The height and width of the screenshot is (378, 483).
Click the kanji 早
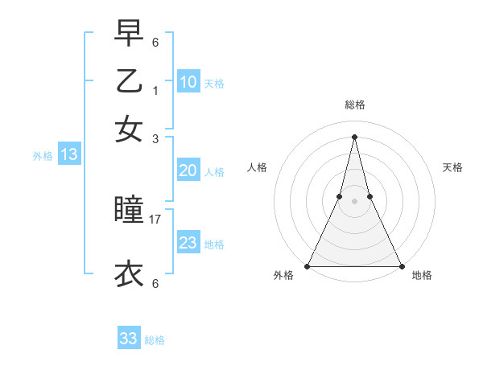[x=129, y=35]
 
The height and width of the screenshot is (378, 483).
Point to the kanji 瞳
[x=129, y=212]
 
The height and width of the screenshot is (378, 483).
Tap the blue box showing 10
[x=188, y=82]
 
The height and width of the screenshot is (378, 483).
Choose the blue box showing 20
[x=188, y=171]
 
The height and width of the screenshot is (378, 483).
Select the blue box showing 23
[x=188, y=243]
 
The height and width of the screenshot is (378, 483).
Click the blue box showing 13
[x=68, y=154]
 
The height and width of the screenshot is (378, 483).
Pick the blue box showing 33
[x=129, y=339]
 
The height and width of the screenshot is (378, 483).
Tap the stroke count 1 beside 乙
[x=155, y=91]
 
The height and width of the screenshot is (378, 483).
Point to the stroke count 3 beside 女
[x=155, y=138]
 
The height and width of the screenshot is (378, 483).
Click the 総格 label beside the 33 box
[x=155, y=340]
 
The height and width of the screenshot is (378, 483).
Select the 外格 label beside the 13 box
[x=43, y=156]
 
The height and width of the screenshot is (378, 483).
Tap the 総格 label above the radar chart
[x=354, y=105]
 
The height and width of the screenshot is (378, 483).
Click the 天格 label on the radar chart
[x=452, y=167]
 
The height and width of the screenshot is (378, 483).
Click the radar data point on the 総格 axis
[x=354, y=135]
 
